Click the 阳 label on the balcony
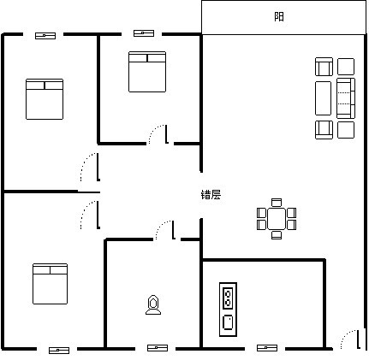click(279, 17)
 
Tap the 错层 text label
click(211, 195)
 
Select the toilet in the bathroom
click(153, 305)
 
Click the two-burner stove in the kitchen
click(228, 298)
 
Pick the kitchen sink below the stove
click(228, 322)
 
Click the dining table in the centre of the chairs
click(277, 219)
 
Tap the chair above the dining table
click(277, 203)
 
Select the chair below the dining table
click(277, 235)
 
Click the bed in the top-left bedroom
click(45, 99)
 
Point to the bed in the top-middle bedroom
click(147, 72)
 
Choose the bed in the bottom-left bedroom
click(51, 284)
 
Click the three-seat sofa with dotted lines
click(346, 98)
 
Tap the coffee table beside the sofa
click(323, 98)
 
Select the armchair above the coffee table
click(324, 67)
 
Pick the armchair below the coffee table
click(324, 130)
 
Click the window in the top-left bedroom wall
click(45, 36)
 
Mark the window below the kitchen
click(267, 348)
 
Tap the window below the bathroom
click(158, 348)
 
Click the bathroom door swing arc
click(160, 225)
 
